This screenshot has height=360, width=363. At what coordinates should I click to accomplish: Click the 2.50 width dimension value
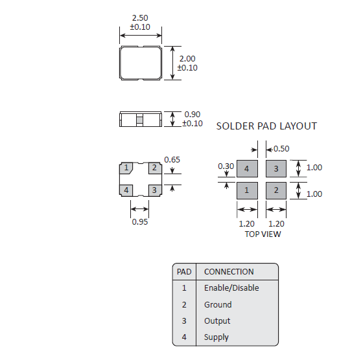click(x=140, y=18)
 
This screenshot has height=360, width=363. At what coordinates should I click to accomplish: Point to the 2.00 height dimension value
click(x=187, y=59)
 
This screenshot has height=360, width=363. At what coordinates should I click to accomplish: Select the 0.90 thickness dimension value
click(x=192, y=115)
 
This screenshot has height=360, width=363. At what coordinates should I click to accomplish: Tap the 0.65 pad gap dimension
click(x=172, y=160)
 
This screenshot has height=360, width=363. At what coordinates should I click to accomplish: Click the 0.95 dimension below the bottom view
click(x=140, y=222)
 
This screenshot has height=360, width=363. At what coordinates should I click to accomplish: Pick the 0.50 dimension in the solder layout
click(x=281, y=149)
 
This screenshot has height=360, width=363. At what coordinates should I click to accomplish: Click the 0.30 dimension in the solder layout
click(x=226, y=166)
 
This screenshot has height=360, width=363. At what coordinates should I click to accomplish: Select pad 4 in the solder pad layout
click(x=247, y=168)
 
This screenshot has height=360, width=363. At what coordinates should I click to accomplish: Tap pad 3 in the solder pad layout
click(x=276, y=168)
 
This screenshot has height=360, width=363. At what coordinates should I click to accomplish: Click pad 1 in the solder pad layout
click(x=247, y=190)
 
